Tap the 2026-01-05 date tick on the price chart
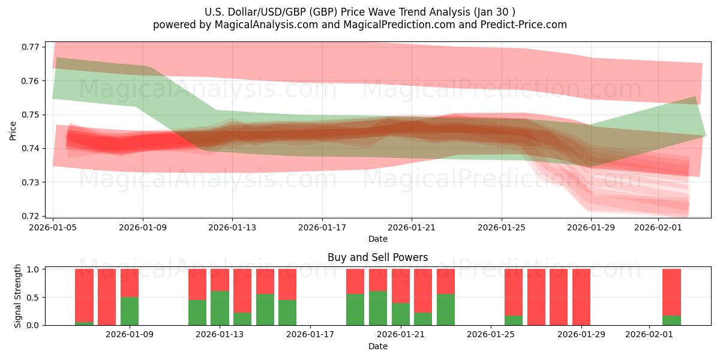[x=53, y=228]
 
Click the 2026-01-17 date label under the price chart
[x=322, y=228]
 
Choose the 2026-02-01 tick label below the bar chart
[x=650, y=335]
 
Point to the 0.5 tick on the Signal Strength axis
[x=34, y=297]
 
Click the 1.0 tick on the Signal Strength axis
[x=34, y=269]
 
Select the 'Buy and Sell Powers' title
[x=377, y=257]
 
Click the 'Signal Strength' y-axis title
[x=18, y=296]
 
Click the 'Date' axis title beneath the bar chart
[x=377, y=346]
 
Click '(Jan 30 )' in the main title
[x=493, y=11]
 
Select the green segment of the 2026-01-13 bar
[x=220, y=308]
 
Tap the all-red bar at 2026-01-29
[x=581, y=297]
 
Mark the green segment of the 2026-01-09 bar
[x=130, y=311]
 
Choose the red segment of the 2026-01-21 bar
[x=400, y=286]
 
